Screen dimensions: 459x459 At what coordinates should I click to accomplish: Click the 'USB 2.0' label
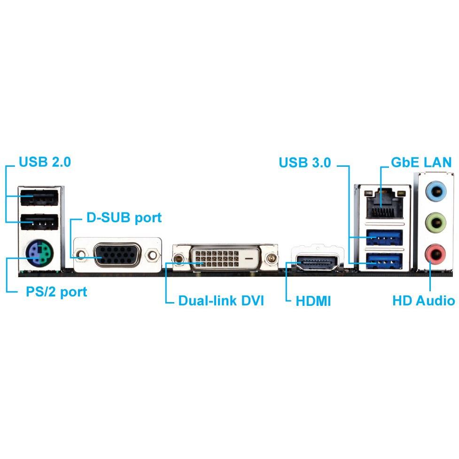45,162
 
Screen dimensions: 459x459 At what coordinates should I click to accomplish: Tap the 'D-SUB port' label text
124,218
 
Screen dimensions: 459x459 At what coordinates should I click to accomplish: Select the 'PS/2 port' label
56,292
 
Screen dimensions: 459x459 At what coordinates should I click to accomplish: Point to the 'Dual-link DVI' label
221,301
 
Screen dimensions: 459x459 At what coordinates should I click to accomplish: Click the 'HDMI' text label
313,301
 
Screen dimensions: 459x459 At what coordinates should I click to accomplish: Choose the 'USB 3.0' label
305,163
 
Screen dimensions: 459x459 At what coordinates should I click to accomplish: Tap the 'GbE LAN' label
421,162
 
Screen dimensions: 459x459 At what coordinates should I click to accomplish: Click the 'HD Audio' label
424,301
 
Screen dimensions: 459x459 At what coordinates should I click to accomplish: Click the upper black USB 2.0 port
39,197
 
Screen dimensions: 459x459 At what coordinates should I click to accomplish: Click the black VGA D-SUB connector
117,255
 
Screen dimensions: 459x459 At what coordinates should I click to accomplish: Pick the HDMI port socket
317,263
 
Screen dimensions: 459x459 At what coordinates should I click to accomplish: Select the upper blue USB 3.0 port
384,238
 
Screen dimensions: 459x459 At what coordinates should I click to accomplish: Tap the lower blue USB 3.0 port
384,260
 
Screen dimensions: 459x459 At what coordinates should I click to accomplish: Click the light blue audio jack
436,191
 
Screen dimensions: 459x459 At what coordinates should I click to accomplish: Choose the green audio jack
436,223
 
